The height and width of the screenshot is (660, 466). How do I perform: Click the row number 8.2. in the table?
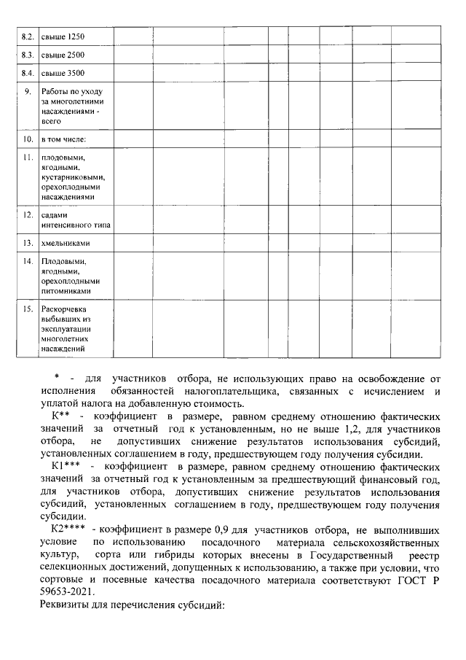(28, 36)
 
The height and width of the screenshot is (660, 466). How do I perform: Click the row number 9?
(28, 92)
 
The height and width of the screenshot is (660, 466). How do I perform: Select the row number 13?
(28, 242)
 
